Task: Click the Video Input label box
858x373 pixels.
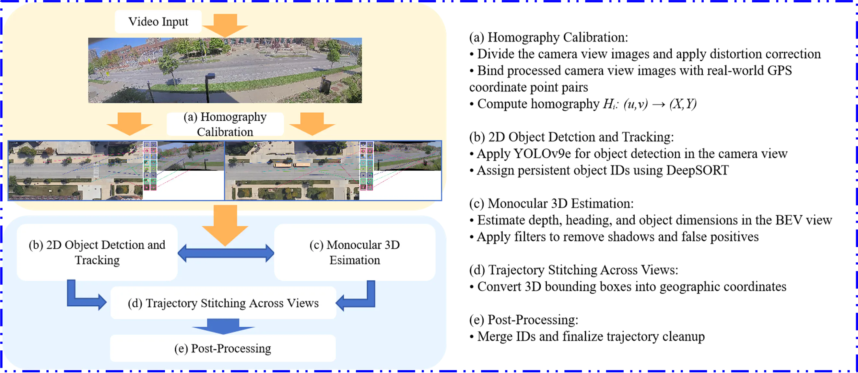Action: pos(158,22)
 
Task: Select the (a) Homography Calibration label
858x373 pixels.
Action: pos(225,124)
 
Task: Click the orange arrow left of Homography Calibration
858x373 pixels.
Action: pos(129,124)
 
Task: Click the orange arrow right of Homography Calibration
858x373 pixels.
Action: pos(312,124)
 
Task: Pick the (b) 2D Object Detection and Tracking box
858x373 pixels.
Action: pos(97,252)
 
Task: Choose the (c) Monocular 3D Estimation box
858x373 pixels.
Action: pos(354,252)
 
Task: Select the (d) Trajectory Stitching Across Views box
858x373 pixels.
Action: pos(223,303)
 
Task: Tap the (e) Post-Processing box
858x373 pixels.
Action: pos(222,348)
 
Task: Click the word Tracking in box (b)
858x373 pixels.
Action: pos(97,260)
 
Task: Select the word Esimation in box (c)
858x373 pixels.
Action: pos(354,260)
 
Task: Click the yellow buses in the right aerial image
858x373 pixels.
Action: pos(291,164)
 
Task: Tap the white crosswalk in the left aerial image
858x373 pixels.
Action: pos(96,171)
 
